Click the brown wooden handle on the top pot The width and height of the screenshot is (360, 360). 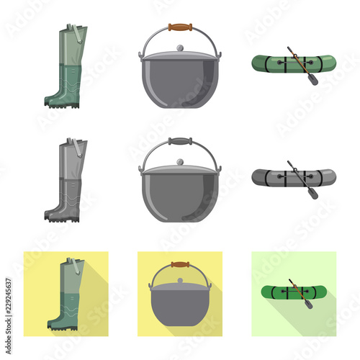tap(180, 28)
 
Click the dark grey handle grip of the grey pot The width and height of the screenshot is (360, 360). tap(180, 142)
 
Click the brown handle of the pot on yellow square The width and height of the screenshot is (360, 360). tap(180, 264)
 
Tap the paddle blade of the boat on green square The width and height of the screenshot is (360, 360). tap(308, 305)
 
